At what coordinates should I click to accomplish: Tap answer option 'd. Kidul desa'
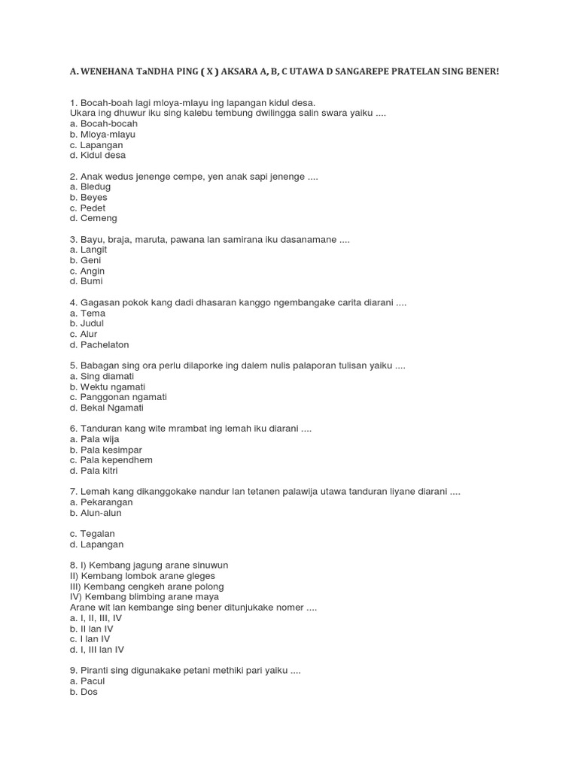[97, 155]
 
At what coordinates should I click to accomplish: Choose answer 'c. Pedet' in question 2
[87, 208]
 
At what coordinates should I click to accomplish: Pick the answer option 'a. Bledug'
[90, 186]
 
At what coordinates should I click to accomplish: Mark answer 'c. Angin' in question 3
[87, 271]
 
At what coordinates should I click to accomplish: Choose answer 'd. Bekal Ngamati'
[106, 408]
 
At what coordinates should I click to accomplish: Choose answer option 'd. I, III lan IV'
[97, 649]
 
